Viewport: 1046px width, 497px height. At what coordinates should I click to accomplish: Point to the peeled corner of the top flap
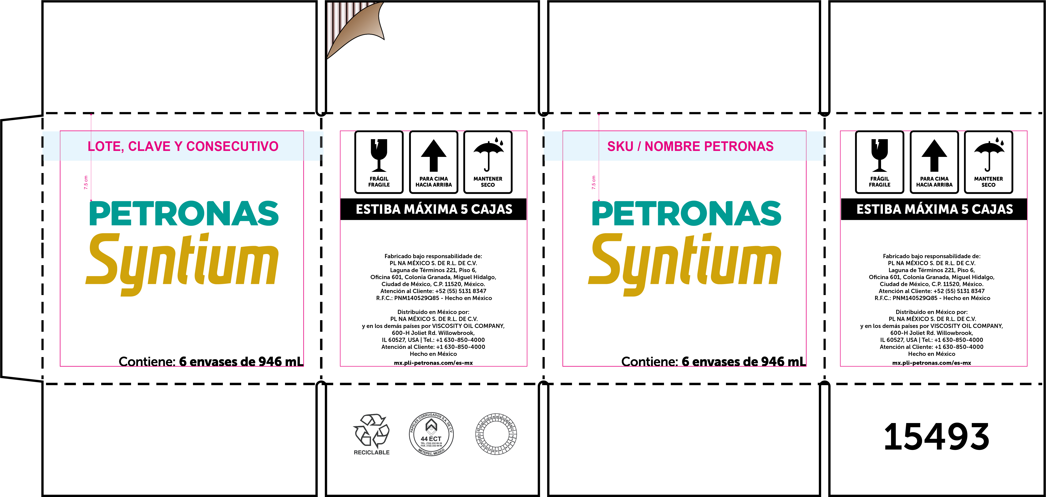[x=357, y=29]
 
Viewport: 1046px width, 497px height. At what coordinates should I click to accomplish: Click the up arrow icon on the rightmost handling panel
[x=934, y=155]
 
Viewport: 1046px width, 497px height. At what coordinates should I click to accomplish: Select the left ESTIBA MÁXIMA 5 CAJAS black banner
[x=434, y=209]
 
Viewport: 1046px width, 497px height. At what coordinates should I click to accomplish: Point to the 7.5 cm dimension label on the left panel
[x=86, y=182]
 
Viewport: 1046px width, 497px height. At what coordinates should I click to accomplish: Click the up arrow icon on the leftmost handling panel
[x=434, y=155]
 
